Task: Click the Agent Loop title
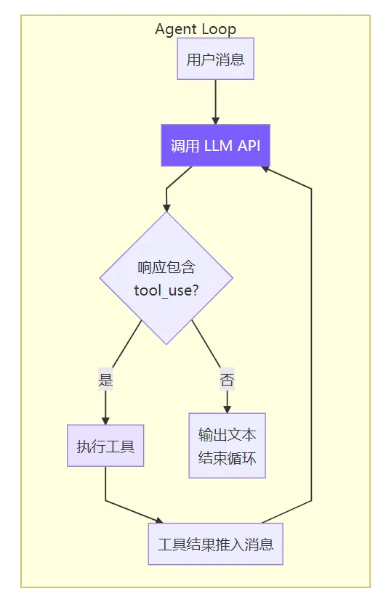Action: pos(196,29)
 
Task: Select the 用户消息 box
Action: pos(215,59)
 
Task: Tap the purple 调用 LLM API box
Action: pos(215,145)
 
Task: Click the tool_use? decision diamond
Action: pos(166,278)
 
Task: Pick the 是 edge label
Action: pos(105,379)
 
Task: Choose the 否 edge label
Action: pos(227,379)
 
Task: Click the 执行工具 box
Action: pos(105,445)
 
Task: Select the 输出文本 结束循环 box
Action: pos(228,445)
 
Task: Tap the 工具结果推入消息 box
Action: pos(215,544)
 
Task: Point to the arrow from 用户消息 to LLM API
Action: pos(215,102)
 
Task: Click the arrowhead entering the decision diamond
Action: pos(166,208)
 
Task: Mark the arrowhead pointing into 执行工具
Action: pos(105,420)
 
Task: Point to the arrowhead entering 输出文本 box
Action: pos(228,409)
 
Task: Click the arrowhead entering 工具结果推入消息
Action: pos(159,521)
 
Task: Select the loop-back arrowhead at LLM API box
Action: pos(265,168)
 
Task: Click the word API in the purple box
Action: pos(249,145)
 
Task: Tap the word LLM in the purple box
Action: pos(218,145)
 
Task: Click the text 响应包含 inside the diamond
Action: pos(166,267)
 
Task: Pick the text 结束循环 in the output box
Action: pos(228,457)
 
